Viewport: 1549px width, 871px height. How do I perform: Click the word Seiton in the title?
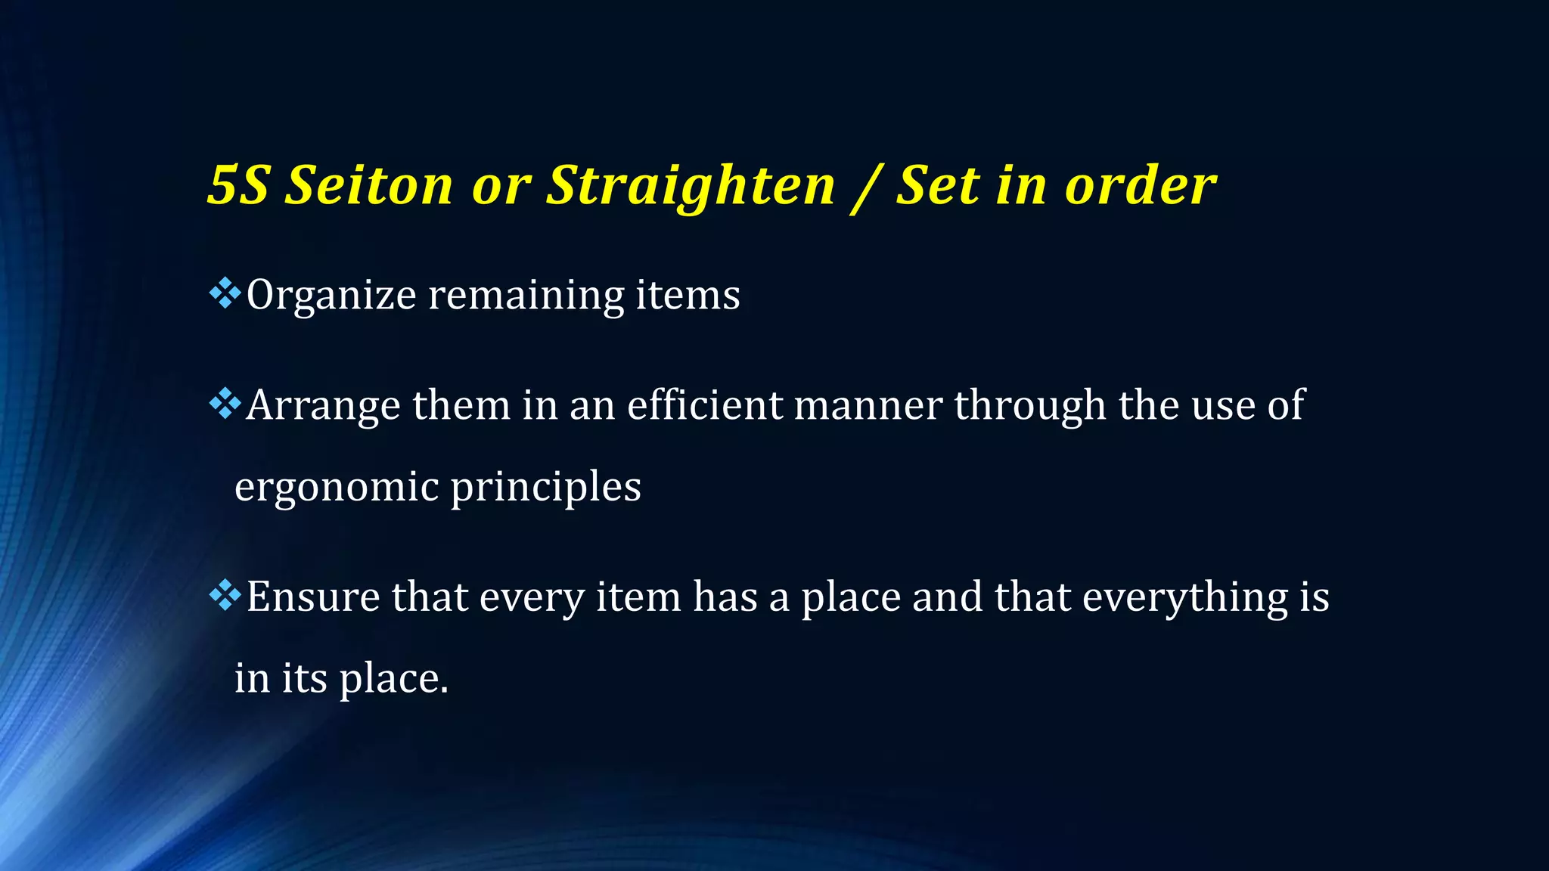tap(368, 185)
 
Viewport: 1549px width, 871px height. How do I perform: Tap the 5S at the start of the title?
tap(237, 185)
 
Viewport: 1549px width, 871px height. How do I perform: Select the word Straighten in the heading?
tap(691, 187)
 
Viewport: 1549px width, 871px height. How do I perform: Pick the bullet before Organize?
tap(225, 293)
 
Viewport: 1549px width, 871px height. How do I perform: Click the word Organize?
tap(331, 296)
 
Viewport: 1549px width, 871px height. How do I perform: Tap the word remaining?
tap(526, 296)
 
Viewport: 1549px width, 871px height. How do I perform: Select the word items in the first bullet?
tap(688, 295)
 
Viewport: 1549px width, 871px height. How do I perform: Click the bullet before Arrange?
tap(225, 404)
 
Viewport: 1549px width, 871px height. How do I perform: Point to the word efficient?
tap(705, 405)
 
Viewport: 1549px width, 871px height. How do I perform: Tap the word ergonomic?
tap(337, 488)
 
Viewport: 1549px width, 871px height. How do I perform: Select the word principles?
tap(546, 488)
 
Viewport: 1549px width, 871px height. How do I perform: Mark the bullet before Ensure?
tap(225, 595)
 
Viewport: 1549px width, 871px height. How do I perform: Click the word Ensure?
tap(313, 597)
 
